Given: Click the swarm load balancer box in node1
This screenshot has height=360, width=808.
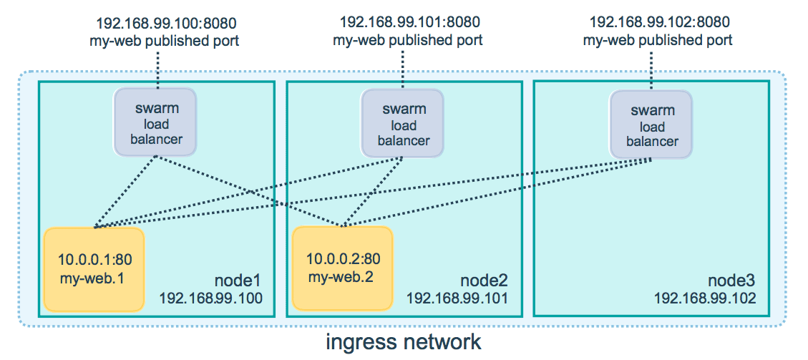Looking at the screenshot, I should point(157,122).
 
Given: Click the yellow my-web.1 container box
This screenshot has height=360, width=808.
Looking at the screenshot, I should point(94,269).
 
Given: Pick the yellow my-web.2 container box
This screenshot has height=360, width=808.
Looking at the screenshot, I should point(343,268).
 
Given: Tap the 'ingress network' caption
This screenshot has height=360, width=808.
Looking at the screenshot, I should point(404,342).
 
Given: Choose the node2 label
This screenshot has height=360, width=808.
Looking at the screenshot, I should point(485,278).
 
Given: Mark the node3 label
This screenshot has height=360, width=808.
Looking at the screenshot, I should point(732,278).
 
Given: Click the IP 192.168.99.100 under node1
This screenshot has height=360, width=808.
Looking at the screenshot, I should point(211,297).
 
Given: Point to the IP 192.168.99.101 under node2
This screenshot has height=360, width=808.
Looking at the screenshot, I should point(458,297).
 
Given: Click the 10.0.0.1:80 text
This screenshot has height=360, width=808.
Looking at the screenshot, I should point(94,258).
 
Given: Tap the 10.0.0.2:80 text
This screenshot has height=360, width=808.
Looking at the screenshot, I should point(343,258).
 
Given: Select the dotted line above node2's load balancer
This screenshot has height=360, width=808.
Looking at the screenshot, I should point(404,70).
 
